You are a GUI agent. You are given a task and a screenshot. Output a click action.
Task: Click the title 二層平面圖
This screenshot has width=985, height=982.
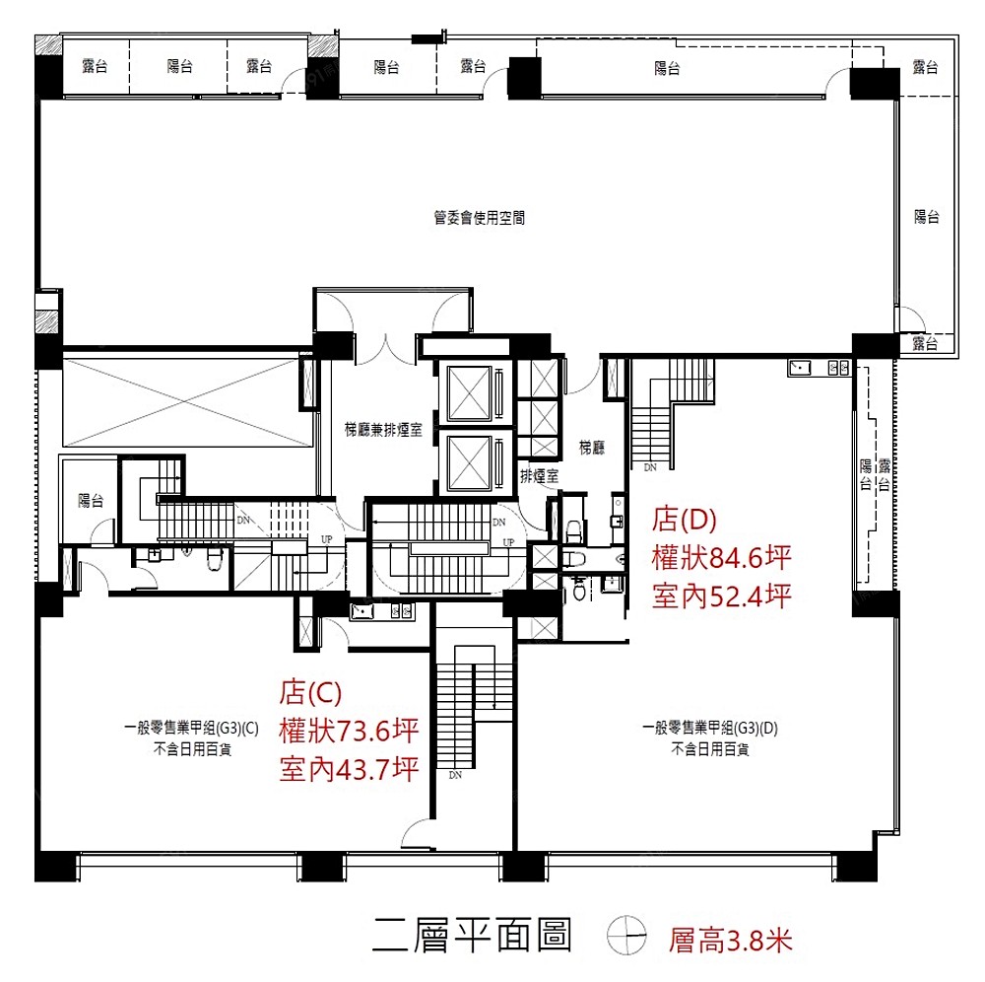(x=472, y=935)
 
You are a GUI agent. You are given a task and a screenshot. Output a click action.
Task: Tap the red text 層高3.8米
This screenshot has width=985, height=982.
(x=730, y=941)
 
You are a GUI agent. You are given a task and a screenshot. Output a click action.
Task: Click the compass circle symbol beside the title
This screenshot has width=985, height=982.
(x=626, y=935)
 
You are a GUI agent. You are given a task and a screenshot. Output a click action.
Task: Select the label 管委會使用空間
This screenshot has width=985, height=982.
(x=480, y=218)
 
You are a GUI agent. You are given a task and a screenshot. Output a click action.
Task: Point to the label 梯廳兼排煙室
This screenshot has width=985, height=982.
(x=383, y=430)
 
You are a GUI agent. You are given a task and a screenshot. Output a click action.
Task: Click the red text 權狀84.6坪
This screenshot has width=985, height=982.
(x=721, y=558)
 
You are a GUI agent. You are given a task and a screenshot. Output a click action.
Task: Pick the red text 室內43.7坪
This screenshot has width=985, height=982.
(x=349, y=769)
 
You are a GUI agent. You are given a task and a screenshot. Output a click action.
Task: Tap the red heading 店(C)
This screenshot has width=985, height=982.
(x=311, y=692)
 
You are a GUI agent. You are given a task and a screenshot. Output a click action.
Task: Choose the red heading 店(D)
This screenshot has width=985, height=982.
(x=685, y=519)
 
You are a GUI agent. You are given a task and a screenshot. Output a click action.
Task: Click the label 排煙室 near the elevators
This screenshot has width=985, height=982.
(x=539, y=476)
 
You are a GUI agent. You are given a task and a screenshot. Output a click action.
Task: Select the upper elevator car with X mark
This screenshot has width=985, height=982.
(x=469, y=393)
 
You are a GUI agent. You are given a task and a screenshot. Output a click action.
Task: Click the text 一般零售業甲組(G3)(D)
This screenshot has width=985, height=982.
(x=710, y=728)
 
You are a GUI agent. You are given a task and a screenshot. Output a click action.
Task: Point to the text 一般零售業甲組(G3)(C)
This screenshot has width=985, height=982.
(x=192, y=728)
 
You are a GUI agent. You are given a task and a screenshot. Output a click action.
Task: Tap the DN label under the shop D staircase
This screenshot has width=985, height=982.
(x=650, y=467)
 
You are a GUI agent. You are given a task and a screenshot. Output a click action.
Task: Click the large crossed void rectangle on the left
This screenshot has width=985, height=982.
(x=187, y=402)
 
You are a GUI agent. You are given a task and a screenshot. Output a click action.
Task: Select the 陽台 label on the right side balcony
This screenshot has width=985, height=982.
(x=927, y=217)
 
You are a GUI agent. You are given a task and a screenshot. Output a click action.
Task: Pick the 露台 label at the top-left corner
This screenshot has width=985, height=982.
(x=95, y=65)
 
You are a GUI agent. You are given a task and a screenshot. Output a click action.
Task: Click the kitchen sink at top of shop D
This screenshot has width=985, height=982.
(x=800, y=367)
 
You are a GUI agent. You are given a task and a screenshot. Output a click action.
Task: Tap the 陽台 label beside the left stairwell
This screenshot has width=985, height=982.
(x=91, y=501)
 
